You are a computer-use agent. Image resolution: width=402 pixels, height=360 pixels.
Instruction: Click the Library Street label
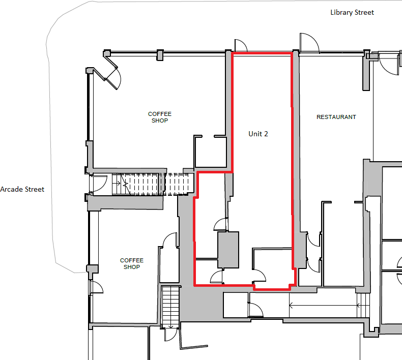click(352, 12)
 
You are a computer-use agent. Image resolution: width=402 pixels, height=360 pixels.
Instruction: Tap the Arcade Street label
click(22, 189)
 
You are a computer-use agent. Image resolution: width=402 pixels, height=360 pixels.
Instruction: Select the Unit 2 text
click(258, 134)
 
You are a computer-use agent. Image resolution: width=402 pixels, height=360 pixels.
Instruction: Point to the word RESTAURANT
click(336, 117)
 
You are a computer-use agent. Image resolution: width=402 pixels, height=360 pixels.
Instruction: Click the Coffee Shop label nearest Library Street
click(160, 117)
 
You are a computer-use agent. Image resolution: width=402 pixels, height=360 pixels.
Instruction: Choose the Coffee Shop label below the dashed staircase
click(132, 263)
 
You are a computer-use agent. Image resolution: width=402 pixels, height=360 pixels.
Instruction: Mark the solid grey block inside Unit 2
click(228, 250)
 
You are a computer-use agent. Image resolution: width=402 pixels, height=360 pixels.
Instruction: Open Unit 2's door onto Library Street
click(240, 46)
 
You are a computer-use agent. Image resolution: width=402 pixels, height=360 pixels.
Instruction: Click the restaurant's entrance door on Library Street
click(309, 44)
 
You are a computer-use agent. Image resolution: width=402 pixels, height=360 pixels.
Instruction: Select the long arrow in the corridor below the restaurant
click(324, 305)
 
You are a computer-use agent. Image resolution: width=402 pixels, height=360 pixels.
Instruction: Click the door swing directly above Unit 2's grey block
click(220, 225)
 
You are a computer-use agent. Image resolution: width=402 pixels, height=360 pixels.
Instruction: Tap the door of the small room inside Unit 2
click(260, 275)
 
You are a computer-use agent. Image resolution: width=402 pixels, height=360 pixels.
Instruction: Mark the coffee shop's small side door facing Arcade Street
click(96, 288)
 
